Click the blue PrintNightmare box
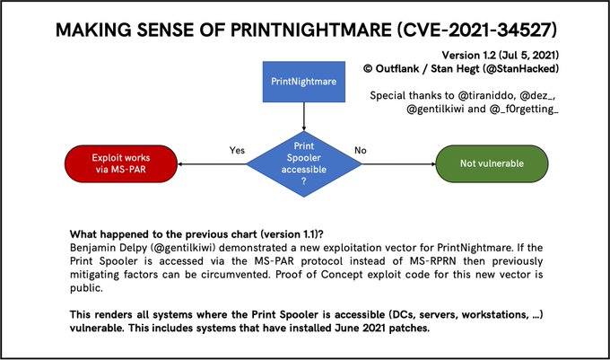304,82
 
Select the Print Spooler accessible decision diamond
304,164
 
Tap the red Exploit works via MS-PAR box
121,164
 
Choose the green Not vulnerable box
492,164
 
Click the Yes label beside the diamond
237,150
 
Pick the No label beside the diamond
361,150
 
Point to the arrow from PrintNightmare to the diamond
304,117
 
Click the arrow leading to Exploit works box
212,164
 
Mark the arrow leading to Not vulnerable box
399,164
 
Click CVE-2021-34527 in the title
476,30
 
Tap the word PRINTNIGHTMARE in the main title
311,30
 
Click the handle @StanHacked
520,69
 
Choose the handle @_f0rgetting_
524,109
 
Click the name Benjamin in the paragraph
88,248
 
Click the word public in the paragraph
85,288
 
